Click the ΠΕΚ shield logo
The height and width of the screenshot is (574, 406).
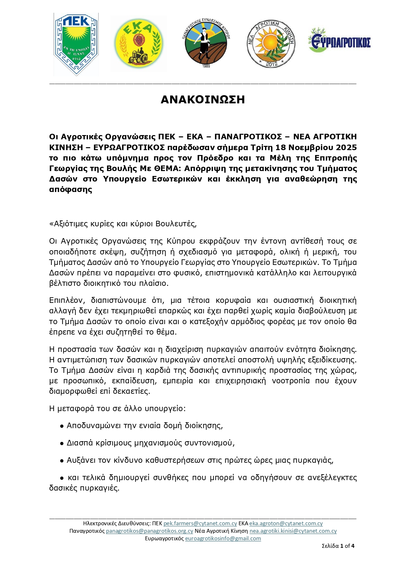(76, 44)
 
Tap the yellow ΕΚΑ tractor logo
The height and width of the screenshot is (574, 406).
(139, 44)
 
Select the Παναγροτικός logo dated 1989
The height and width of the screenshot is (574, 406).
(206, 43)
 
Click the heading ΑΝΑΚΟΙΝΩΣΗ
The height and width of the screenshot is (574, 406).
(203, 99)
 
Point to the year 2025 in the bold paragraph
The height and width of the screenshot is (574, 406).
(346, 147)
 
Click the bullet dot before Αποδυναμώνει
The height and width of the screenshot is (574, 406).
(62, 426)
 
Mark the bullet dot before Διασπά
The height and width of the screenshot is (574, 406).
(62, 443)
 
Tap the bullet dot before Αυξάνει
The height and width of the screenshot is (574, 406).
(62, 461)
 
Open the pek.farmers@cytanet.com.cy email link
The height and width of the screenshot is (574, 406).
(200, 523)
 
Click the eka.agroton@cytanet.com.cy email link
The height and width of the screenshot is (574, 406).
(286, 523)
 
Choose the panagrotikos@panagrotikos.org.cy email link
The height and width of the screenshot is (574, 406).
(150, 531)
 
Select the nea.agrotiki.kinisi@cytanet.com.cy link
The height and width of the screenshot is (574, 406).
(293, 531)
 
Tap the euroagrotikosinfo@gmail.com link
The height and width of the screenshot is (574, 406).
(223, 538)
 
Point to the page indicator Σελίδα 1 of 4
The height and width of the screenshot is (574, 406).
(338, 546)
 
